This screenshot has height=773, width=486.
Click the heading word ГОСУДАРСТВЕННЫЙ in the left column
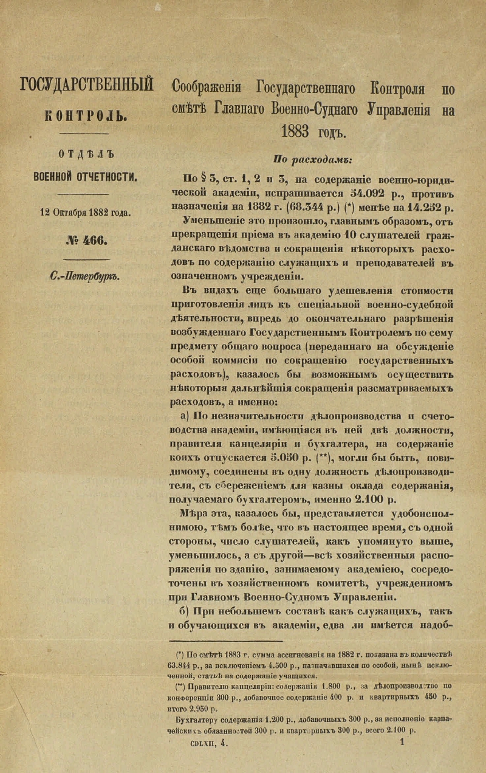[86, 86]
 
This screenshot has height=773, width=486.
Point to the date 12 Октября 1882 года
[85, 213]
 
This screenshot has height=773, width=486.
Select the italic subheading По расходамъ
[313, 160]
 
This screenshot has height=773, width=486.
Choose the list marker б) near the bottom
[185, 611]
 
